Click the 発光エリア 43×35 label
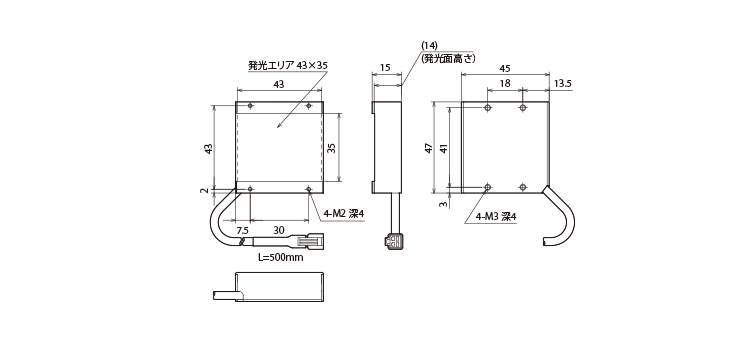[x=288, y=65]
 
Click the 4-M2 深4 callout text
[x=344, y=214]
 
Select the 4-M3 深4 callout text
[x=496, y=216]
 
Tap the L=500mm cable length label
[x=280, y=258]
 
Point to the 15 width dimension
[x=385, y=67]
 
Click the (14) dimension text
[x=429, y=46]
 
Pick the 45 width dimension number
[x=504, y=68]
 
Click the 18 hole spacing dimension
[x=505, y=83]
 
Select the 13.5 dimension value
[x=563, y=83]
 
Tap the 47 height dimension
[x=428, y=149]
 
